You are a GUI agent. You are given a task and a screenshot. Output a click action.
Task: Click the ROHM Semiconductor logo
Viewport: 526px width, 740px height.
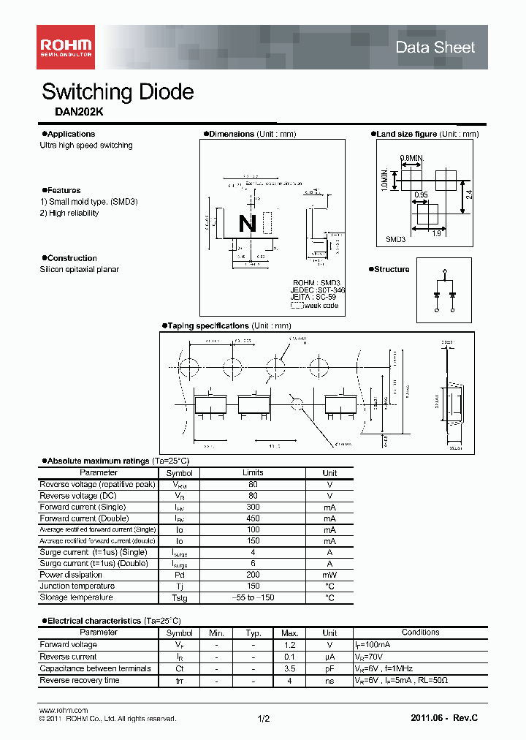[x=65, y=48]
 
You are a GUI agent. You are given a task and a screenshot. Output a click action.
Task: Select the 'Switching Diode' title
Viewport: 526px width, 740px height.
[x=118, y=92]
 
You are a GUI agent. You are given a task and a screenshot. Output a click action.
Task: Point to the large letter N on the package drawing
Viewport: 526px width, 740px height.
[x=248, y=224]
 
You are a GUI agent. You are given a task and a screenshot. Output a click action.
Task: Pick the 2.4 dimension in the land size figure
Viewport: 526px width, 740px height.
[x=470, y=194]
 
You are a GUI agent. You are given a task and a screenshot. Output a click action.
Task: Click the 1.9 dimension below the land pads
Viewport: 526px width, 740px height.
[x=435, y=234]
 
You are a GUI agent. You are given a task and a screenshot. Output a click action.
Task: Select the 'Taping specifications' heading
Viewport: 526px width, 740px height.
[x=207, y=325]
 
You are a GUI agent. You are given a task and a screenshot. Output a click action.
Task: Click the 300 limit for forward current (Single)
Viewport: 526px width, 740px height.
[x=253, y=507]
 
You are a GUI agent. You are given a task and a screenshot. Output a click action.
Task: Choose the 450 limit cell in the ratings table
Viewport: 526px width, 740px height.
[x=253, y=518]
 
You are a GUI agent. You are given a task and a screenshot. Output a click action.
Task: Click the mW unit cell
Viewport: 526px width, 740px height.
[x=329, y=575]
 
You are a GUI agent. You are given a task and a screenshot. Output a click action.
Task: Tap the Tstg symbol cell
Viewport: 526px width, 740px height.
[x=179, y=598]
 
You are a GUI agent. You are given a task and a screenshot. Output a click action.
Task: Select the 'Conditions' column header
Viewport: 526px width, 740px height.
[x=420, y=633]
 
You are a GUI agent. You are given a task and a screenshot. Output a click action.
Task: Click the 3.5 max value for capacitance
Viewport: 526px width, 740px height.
[x=289, y=668]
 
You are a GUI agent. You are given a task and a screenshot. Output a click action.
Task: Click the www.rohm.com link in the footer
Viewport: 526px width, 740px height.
[x=63, y=711]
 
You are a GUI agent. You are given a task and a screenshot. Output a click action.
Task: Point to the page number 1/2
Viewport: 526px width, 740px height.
[x=264, y=719]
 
